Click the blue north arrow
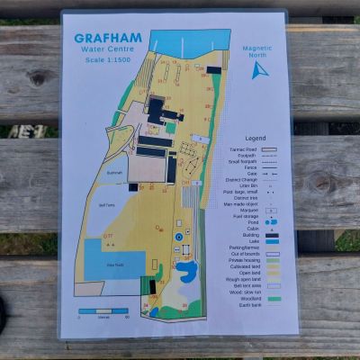(258, 69)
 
